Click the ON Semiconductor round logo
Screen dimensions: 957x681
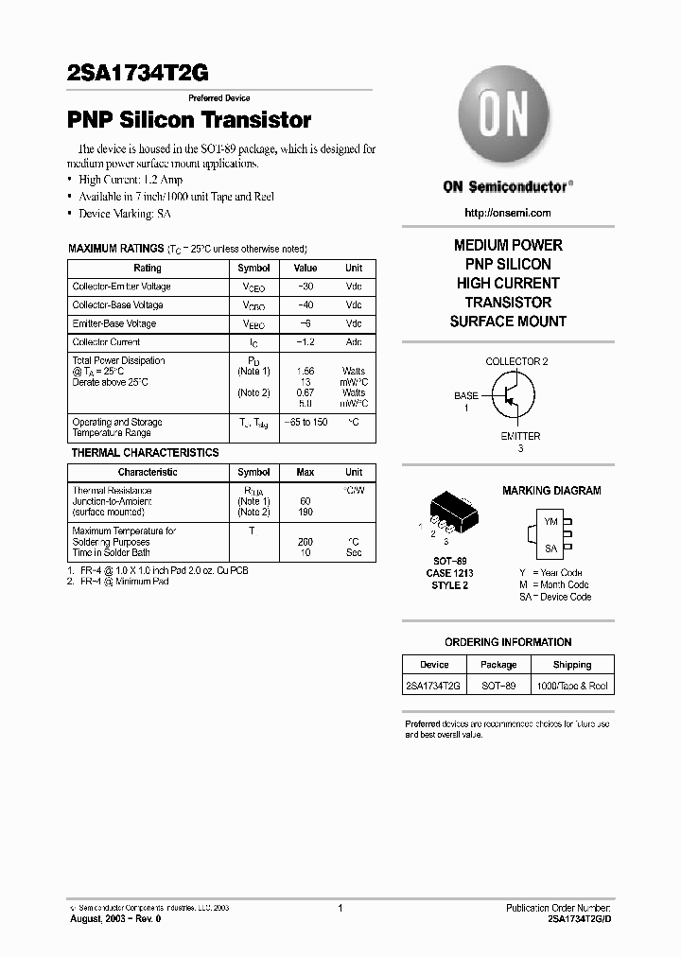(503, 120)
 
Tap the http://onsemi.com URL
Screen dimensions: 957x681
(508, 213)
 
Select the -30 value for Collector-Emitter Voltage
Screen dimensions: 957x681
(306, 287)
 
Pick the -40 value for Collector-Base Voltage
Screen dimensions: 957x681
(306, 305)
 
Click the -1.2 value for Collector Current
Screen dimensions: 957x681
(306, 342)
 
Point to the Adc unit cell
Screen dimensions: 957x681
(354, 342)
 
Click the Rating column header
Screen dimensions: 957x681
(148, 269)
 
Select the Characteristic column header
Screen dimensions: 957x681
(148, 472)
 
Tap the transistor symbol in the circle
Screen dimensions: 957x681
(508, 397)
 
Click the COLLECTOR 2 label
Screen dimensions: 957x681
(516, 362)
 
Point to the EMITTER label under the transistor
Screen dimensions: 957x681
(520, 436)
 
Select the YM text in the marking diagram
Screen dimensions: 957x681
(550, 522)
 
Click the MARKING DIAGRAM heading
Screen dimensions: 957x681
(550, 491)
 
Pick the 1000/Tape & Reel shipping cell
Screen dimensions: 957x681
(571, 686)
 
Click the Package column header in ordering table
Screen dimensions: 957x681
(498, 665)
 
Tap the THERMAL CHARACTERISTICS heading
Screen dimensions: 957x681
(145, 453)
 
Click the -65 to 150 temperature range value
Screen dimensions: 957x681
(306, 422)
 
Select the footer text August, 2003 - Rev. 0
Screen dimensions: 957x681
(116, 919)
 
